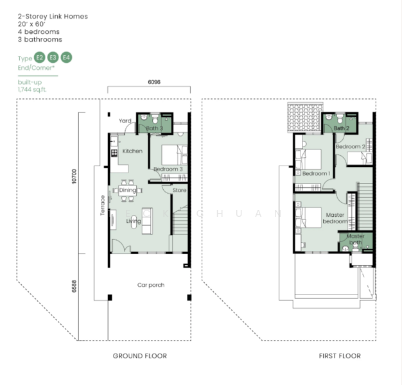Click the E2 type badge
point(40,58)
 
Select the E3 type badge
point(53,58)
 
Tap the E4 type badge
point(66,58)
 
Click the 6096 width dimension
point(153,82)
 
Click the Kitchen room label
point(132,151)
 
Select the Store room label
point(179,190)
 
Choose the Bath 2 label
point(341,128)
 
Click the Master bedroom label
point(335,218)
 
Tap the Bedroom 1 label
point(316,174)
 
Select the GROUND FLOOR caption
point(140,355)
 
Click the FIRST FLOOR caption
point(340,355)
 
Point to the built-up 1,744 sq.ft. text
point(32,86)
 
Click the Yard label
point(125,121)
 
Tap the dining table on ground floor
point(128,190)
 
